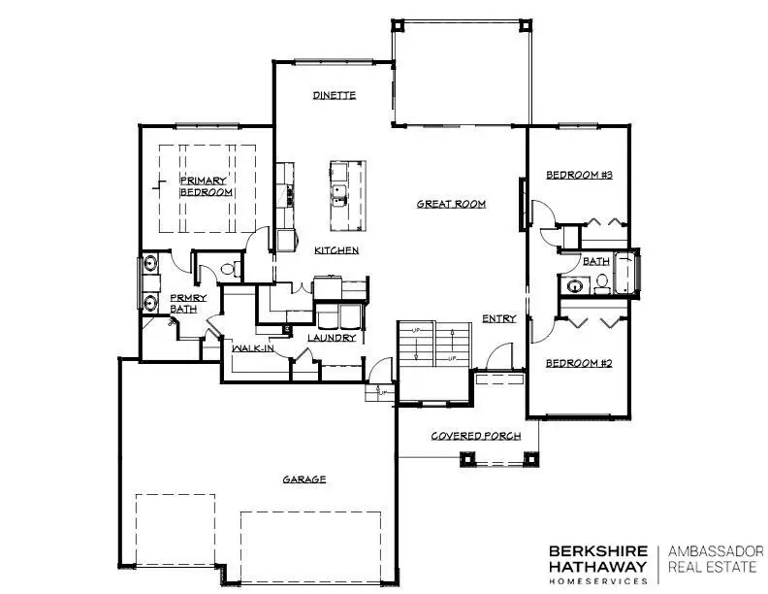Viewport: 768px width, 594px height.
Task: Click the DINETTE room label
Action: click(x=335, y=95)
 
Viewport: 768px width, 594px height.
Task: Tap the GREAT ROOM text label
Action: click(x=451, y=204)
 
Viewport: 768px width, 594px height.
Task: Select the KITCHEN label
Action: click(x=336, y=250)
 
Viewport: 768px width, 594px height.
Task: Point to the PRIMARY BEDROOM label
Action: click(x=206, y=186)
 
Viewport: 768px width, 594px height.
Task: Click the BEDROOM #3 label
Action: click(x=578, y=175)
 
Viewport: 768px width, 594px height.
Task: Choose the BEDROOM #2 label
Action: click(x=578, y=363)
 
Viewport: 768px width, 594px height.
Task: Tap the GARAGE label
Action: click(x=304, y=479)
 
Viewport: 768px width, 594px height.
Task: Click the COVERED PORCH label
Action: click(x=476, y=436)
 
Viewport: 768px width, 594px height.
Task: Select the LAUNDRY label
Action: click(x=333, y=338)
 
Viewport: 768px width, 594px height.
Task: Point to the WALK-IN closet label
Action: click(x=250, y=346)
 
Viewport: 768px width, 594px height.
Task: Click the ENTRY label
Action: click(x=499, y=318)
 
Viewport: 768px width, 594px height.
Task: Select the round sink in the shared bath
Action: click(x=574, y=286)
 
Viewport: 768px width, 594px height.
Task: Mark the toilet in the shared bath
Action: click(x=600, y=283)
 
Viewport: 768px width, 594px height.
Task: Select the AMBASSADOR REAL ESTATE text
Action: click(x=716, y=559)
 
